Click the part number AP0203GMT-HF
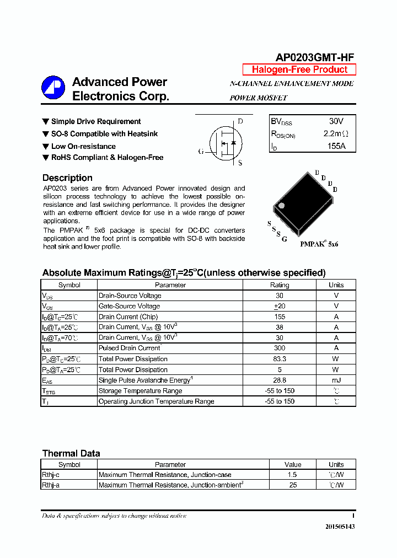(x=315, y=57)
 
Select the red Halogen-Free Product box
(x=299, y=69)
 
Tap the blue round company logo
(x=53, y=88)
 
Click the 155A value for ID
(x=336, y=147)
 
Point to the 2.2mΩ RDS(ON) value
(x=336, y=133)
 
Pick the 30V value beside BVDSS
(x=336, y=121)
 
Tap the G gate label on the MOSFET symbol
(x=201, y=151)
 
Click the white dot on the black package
(x=281, y=206)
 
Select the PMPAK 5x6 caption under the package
(x=319, y=243)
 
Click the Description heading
(x=67, y=178)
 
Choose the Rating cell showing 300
(x=280, y=348)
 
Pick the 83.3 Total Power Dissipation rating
(x=280, y=359)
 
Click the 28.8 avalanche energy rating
(x=280, y=380)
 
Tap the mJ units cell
(x=336, y=380)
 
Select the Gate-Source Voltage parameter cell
(x=129, y=306)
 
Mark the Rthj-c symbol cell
(x=51, y=475)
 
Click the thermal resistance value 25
(x=293, y=485)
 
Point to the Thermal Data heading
(x=71, y=453)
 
